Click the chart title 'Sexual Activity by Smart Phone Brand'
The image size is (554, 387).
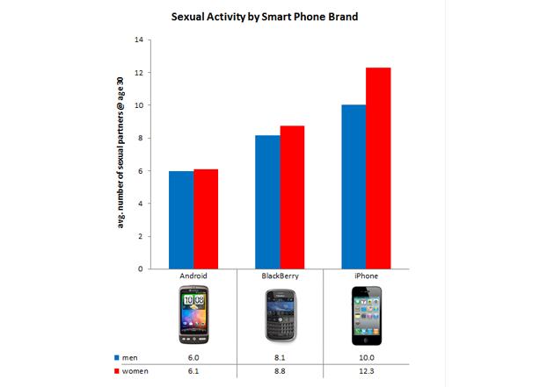(265, 17)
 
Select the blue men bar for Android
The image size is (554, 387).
(181, 220)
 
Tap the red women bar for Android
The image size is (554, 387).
(206, 219)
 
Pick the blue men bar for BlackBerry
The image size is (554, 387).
(267, 202)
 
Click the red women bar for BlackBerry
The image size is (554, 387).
(292, 197)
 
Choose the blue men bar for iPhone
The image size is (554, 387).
(354, 187)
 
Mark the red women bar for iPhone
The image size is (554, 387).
(378, 168)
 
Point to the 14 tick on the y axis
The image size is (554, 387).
(139, 39)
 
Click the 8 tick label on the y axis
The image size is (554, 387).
(141, 138)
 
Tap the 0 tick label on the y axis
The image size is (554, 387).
(141, 269)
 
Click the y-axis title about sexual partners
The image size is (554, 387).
(120, 153)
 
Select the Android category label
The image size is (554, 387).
(193, 276)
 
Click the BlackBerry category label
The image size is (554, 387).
(280, 276)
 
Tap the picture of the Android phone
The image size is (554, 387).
(193, 314)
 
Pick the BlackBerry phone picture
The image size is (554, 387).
(281, 315)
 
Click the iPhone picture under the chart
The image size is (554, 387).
(367, 315)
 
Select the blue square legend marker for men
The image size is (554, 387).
(117, 357)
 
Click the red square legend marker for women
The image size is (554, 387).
(117, 371)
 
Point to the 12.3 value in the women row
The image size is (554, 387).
(367, 371)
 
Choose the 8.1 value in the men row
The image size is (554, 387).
(280, 357)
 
